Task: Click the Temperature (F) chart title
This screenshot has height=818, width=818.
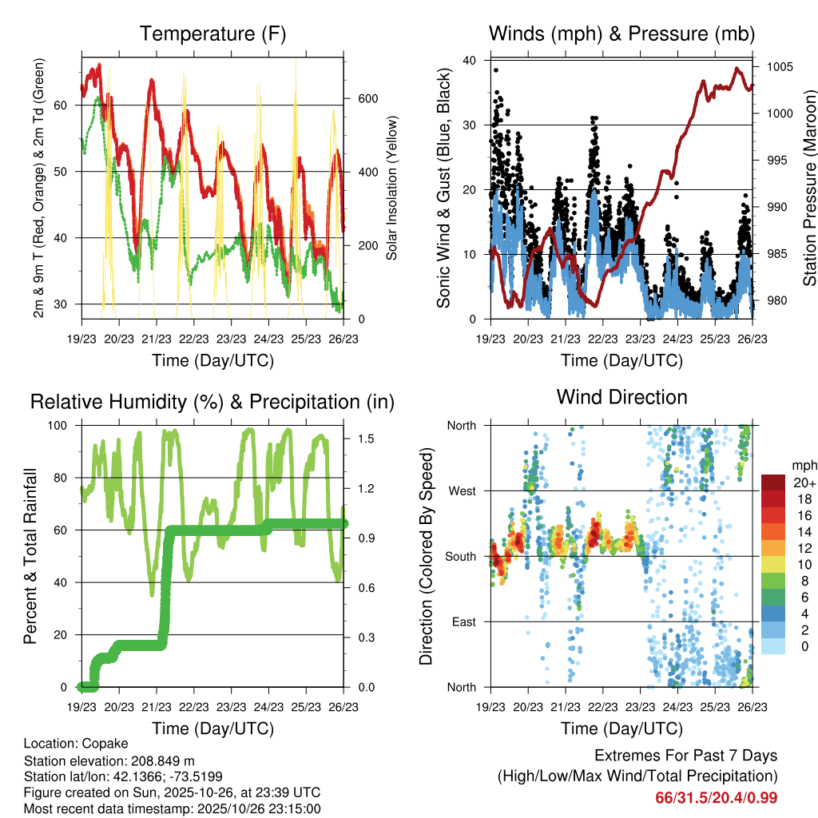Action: [x=212, y=34]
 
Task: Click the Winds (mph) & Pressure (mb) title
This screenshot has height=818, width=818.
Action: [x=621, y=34]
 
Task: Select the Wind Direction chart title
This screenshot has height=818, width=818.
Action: [x=621, y=396]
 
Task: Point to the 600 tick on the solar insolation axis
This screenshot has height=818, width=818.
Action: [x=367, y=99]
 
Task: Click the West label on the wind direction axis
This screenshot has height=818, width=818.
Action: [x=461, y=490]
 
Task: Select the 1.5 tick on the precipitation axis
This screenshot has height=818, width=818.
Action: [x=367, y=439]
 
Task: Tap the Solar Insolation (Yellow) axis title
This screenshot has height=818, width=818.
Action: [x=392, y=189]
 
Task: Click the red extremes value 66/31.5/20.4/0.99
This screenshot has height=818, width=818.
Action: [x=717, y=797]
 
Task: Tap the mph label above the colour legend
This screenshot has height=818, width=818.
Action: [x=804, y=464]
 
